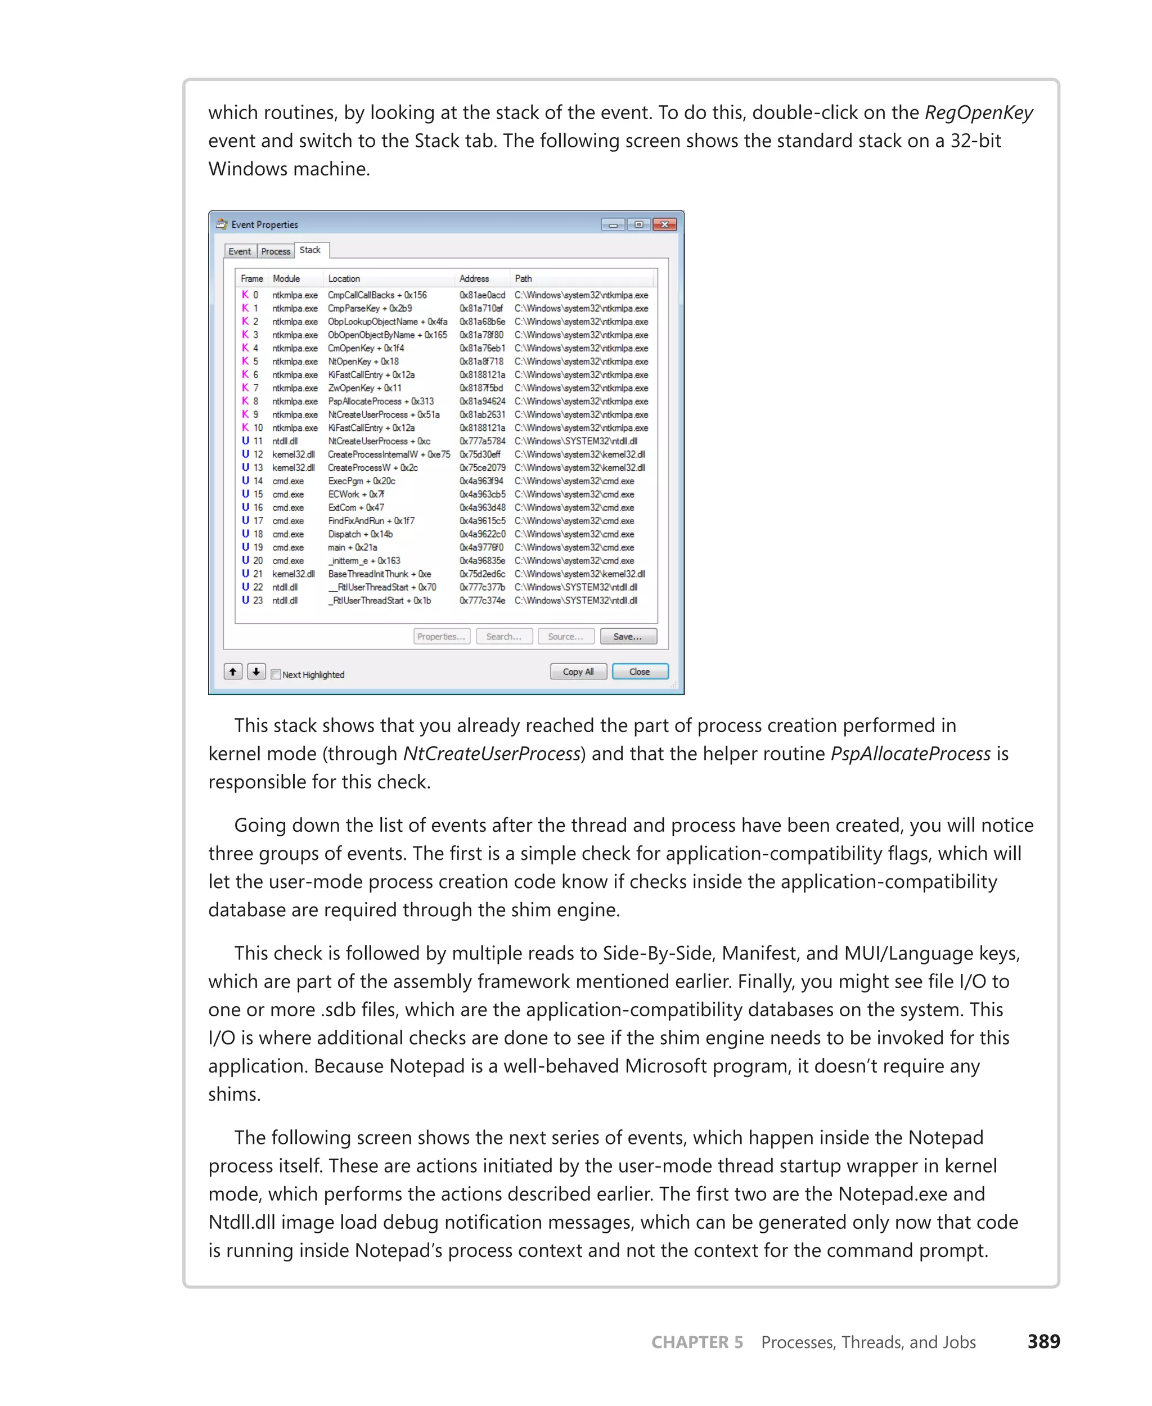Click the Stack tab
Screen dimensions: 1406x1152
point(310,250)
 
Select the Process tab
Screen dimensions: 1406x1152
point(276,251)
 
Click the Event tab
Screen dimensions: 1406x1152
point(240,251)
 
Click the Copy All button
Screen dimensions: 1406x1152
point(578,672)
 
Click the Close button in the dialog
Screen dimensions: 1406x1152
point(639,672)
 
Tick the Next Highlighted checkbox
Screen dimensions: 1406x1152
point(276,675)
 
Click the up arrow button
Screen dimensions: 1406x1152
point(233,672)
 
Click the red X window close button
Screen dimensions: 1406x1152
point(664,224)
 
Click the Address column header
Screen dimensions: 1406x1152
point(474,279)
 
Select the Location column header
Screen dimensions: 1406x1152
point(344,279)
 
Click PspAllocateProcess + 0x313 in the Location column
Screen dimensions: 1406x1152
point(380,402)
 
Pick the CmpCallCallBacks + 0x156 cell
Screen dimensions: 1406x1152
point(377,295)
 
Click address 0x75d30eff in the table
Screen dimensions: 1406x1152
point(480,454)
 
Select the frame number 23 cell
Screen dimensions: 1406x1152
point(258,601)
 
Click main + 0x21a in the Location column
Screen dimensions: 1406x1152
point(352,547)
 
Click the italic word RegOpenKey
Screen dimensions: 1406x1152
point(978,113)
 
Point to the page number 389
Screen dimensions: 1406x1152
point(1043,1342)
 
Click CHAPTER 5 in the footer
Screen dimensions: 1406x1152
point(697,1342)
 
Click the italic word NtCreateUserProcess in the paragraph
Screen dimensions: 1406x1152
point(492,754)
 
